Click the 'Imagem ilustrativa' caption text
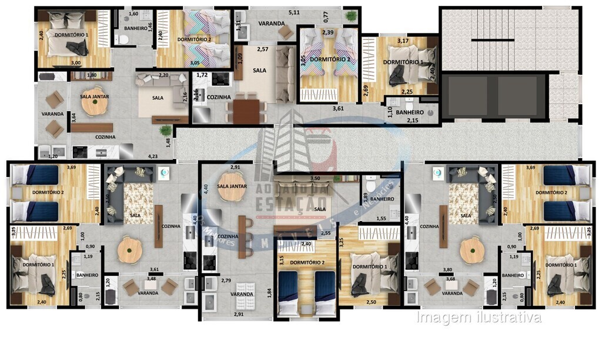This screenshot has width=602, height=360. (479, 318)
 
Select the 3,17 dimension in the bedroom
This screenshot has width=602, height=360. (403, 41)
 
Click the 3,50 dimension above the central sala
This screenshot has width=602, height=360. (315, 178)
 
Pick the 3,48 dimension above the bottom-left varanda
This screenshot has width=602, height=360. (152, 278)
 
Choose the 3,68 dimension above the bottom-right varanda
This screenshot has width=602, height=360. (451, 278)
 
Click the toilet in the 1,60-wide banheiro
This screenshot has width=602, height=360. (122, 40)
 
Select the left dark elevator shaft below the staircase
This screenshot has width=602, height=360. (468, 95)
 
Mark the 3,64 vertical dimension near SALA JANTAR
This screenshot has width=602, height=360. (73, 117)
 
